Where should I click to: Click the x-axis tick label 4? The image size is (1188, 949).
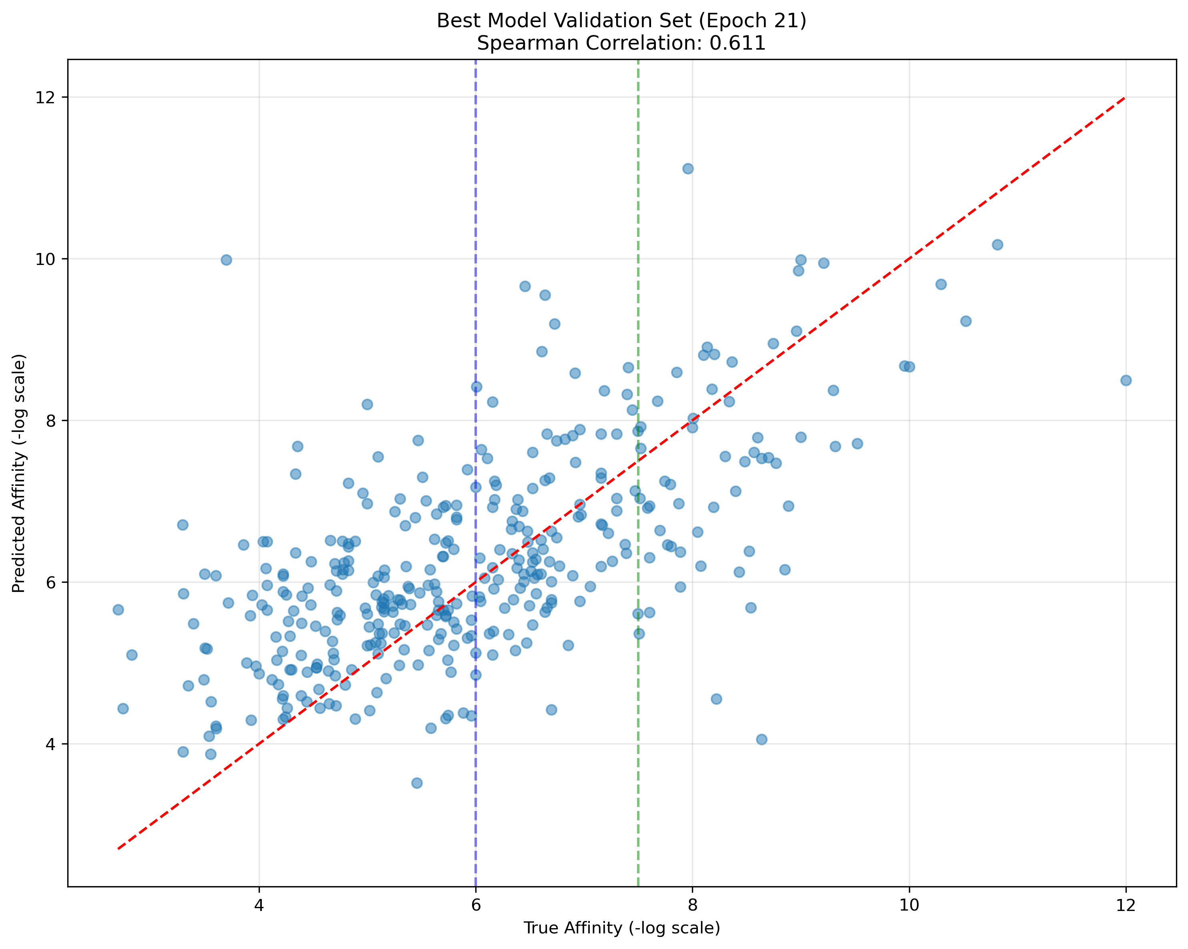[259, 906]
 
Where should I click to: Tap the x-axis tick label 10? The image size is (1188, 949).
[909, 906]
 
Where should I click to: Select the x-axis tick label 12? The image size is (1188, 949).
[1126, 906]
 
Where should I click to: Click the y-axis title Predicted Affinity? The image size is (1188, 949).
[19, 473]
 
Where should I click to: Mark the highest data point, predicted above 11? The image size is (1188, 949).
[687, 169]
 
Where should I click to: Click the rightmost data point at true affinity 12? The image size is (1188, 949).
[1126, 381]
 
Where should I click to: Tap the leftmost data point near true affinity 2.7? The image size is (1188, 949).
[118, 610]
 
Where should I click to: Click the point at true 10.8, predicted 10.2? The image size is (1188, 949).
[997, 245]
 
